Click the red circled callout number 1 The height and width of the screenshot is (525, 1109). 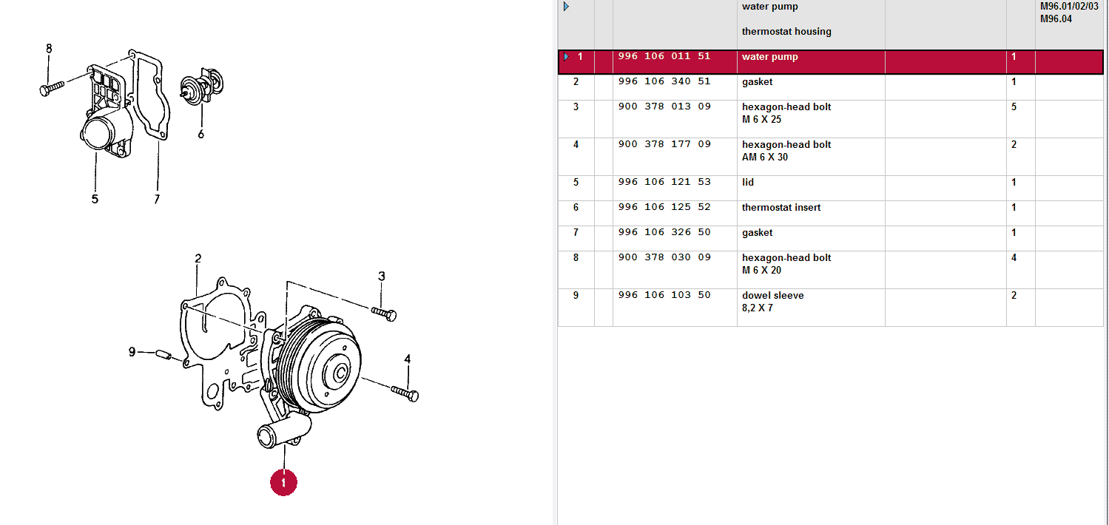[x=283, y=482]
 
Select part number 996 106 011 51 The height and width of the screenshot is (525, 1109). [x=664, y=57]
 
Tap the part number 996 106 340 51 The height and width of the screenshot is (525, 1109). [x=664, y=82]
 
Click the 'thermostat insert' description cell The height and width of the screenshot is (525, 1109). [x=781, y=208]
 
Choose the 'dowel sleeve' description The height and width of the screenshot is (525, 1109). [x=772, y=296]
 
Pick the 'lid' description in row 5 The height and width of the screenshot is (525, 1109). [x=748, y=183]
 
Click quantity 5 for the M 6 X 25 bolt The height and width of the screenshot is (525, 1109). [x=1014, y=107]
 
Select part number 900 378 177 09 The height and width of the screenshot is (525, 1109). [x=664, y=145]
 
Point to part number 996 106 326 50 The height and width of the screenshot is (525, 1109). [x=664, y=233]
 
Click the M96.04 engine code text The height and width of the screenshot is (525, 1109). [x=1056, y=19]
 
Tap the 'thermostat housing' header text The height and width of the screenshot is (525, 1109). [x=786, y=32]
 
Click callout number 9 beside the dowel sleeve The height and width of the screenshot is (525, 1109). [x=132, y=352]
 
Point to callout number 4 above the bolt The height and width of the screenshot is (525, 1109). [x=407, y=360]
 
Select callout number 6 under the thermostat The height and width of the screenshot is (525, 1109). [x=200, y=134]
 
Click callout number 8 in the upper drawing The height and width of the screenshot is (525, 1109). [x=49, y=49]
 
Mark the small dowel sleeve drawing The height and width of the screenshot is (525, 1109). [x=164, y=356]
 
